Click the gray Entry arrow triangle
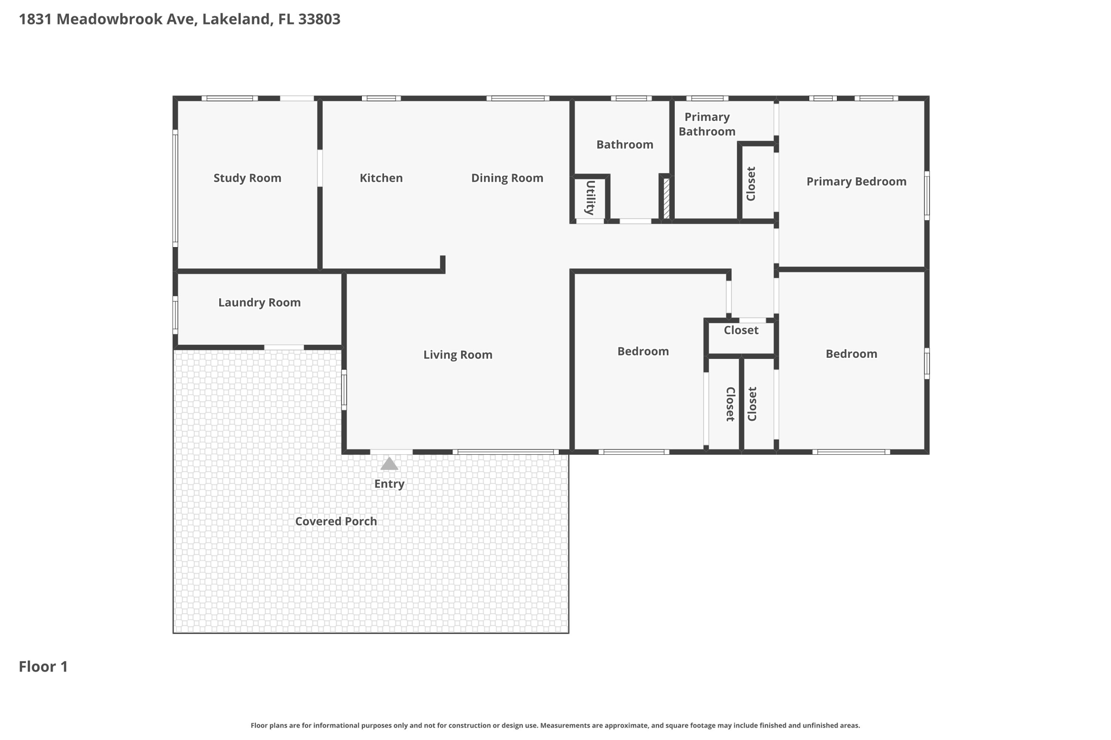[389, 464]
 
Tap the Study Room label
[247, 178]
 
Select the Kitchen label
[381, 178]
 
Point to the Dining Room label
[507, 178]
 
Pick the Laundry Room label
[259, 303]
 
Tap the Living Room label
[457, 355]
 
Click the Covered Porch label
[336, 521]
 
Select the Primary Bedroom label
[856, 182]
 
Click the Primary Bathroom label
[706, 124]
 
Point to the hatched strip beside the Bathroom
[667, 198]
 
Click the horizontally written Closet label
[740, 330]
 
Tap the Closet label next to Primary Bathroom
[751, 183]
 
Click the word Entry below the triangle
[389, 484]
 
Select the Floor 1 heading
[43, 666]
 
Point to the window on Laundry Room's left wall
[175, 315]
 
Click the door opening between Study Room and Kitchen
[320, 168]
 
